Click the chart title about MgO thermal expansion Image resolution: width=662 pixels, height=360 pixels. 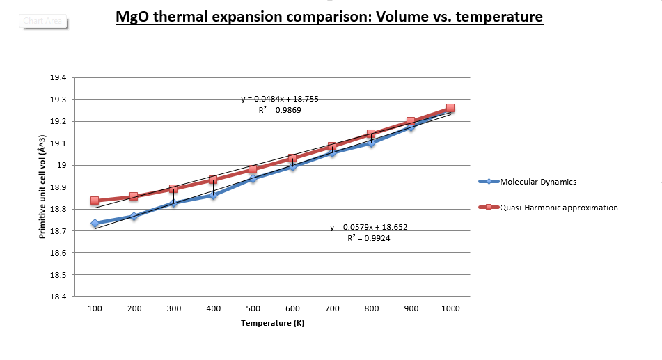click(329, 16)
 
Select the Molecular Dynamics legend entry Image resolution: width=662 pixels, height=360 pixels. click(537, 182)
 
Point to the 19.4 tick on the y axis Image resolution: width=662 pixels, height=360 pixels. click(58, 78)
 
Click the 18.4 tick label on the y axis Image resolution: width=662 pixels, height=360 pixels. click(58, 297)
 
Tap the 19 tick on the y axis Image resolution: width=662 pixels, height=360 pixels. click(61, 166)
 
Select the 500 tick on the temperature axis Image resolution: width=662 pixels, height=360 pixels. click(253, 308)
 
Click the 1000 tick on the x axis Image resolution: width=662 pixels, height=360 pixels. click(450, 308)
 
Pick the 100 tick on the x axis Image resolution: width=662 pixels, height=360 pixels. click(95, 308)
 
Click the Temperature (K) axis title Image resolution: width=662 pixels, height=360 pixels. click(272, 323)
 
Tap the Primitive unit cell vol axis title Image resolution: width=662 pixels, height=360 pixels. click(42, 187)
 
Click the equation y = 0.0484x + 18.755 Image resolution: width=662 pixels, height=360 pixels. click(280, 99)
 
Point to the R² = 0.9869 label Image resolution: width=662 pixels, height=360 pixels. click(279, 110)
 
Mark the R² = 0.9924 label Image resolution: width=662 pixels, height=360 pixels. click(368, 238)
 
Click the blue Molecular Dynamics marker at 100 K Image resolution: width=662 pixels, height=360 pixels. click(95, 224)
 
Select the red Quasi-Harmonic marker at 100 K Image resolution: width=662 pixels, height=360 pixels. click(95, 201)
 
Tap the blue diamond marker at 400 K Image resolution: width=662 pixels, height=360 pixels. click(213, 196)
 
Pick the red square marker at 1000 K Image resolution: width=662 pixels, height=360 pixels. click(450, 109)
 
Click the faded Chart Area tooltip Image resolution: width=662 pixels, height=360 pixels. click(43, 21)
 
